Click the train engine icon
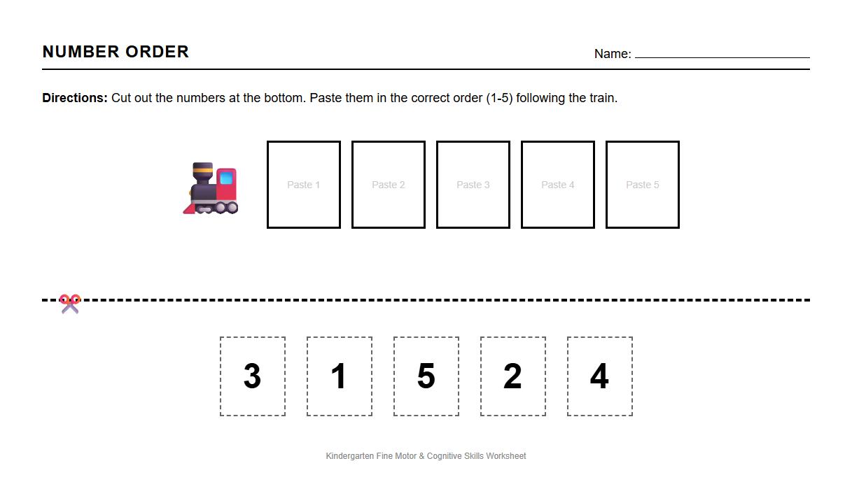(211, 188)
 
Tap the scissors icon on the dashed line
(69, 304)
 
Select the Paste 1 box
(304, 185)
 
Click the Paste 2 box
(389, 185)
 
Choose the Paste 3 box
(473, 185)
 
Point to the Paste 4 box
(558, 185)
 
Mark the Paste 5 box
(643, 185)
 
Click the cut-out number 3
(253, 376)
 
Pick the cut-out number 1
(340, 376)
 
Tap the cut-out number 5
(426, 376)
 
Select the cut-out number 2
(513, 376)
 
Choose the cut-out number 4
(600, 376)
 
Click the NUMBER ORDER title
(116, 52)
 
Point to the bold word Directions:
(75, 98)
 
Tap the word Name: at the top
(613, 54)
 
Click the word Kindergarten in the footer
(350, 456)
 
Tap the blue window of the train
(226, 178)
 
